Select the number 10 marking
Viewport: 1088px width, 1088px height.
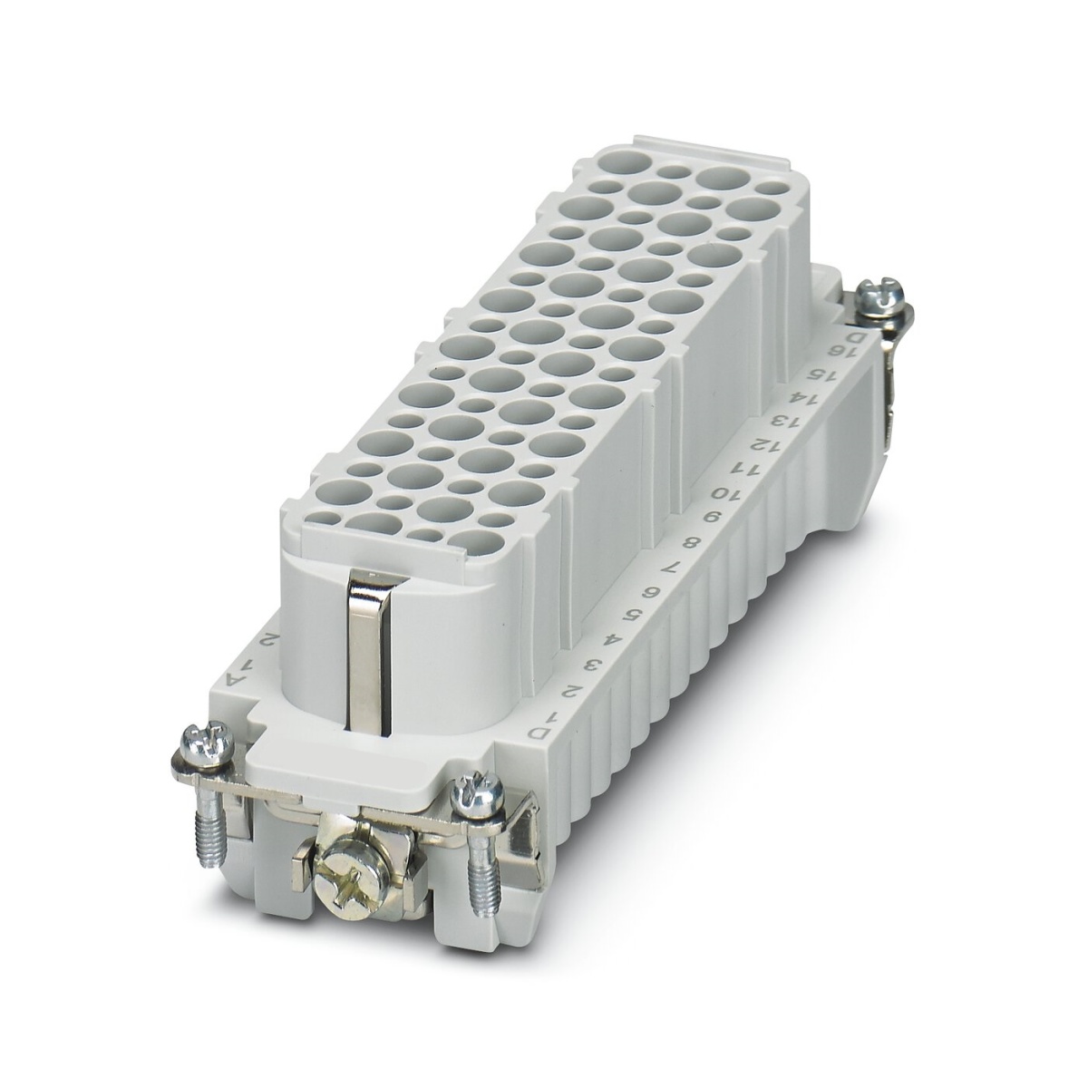tap(723, 495)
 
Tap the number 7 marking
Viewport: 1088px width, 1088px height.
tap(671, 569)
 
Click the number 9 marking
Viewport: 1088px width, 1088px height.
tap(708, 520)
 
